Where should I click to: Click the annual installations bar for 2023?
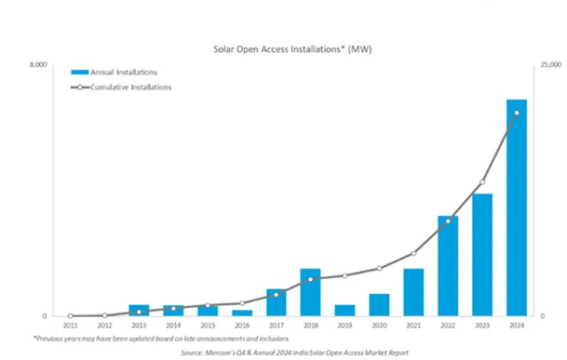pos(482,254)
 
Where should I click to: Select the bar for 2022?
pos(447,265)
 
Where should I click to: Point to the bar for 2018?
pos(310,291)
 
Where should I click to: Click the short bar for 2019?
pos(344,310)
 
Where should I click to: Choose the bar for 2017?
pos(276,302)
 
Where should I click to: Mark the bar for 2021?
pos(413,291)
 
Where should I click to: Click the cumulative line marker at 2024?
pos(516,114)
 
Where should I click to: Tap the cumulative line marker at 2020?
pos(379,268)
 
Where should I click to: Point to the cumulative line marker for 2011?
pos(70,315)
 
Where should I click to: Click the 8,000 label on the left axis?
pos(37,65)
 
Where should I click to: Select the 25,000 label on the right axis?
pos(549,65)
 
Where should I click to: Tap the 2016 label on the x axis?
pos(241,326)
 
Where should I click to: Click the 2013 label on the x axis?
pos(139,326)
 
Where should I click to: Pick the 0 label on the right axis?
pos(542,316)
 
